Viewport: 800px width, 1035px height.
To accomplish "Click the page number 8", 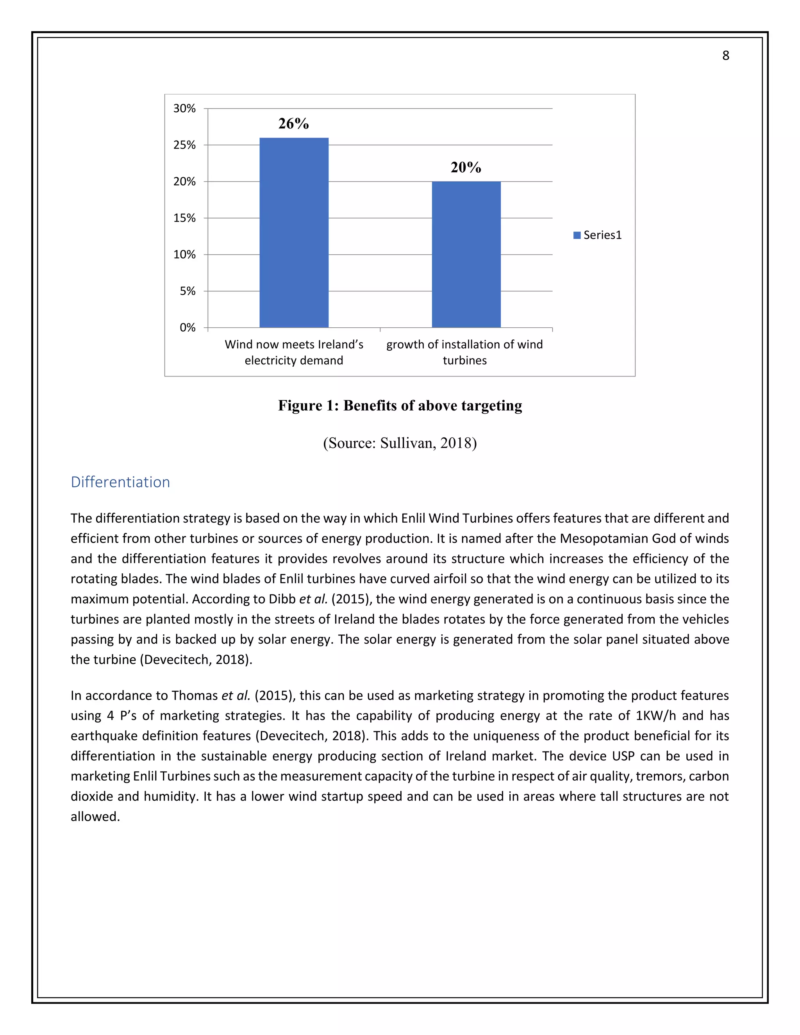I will click(x=725, y=56).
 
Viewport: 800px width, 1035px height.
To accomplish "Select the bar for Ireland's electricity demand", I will click(x=294, y=232).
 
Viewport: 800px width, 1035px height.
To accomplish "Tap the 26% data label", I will click(x=293, y=124).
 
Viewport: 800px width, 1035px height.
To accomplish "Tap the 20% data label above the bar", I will click(x=466, y=167).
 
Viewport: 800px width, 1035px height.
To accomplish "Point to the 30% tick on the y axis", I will click(x=184, y=109).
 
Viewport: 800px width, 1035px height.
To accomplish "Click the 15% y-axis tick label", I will click(x=184, y=218).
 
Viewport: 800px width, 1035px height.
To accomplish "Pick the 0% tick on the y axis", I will click(x=187, y=327).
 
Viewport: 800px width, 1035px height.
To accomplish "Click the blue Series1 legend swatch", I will click(x=577, y=235).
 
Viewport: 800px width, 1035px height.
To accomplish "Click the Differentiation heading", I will click(x=120, y=482).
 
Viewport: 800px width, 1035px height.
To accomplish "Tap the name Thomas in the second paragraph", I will click(x=194, y=695).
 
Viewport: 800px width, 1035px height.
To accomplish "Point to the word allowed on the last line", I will click(x=95, y=817).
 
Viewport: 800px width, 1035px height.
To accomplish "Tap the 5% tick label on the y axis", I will click(x=187, y=291).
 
